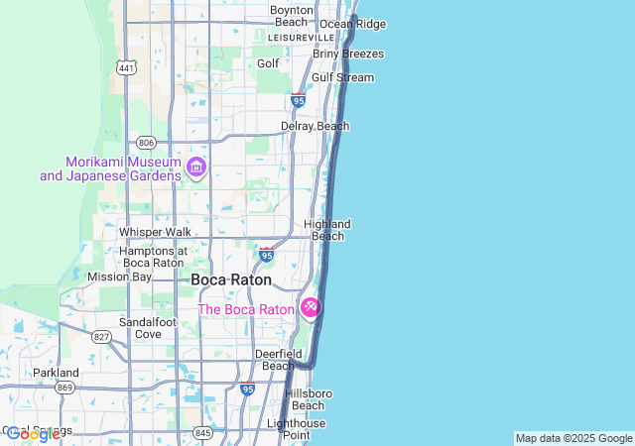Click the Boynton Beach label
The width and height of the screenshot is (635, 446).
click(291, 16)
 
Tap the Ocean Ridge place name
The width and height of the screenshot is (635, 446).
click(352, 24)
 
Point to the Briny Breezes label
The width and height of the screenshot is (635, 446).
click(348, 54)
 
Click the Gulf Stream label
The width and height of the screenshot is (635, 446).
click(342, 77)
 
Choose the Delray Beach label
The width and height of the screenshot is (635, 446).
click(315, 127)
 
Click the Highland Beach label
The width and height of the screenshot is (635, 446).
click(327, 230)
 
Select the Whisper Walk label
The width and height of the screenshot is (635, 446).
click(155, 232)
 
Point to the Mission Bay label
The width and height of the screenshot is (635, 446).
click(119, 277)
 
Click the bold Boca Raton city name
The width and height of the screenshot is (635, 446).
click(230, 280)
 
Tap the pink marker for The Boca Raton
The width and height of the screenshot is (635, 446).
click(310, 309)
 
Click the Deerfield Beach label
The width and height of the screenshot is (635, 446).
click(278, 359)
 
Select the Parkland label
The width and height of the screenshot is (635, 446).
click(56, 373)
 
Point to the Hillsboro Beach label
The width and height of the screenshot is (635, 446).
click(308, 399)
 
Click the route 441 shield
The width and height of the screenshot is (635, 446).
click(126, 68)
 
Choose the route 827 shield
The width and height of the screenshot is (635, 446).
click(101, 337)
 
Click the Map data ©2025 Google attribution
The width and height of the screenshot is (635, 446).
click(573, 438)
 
